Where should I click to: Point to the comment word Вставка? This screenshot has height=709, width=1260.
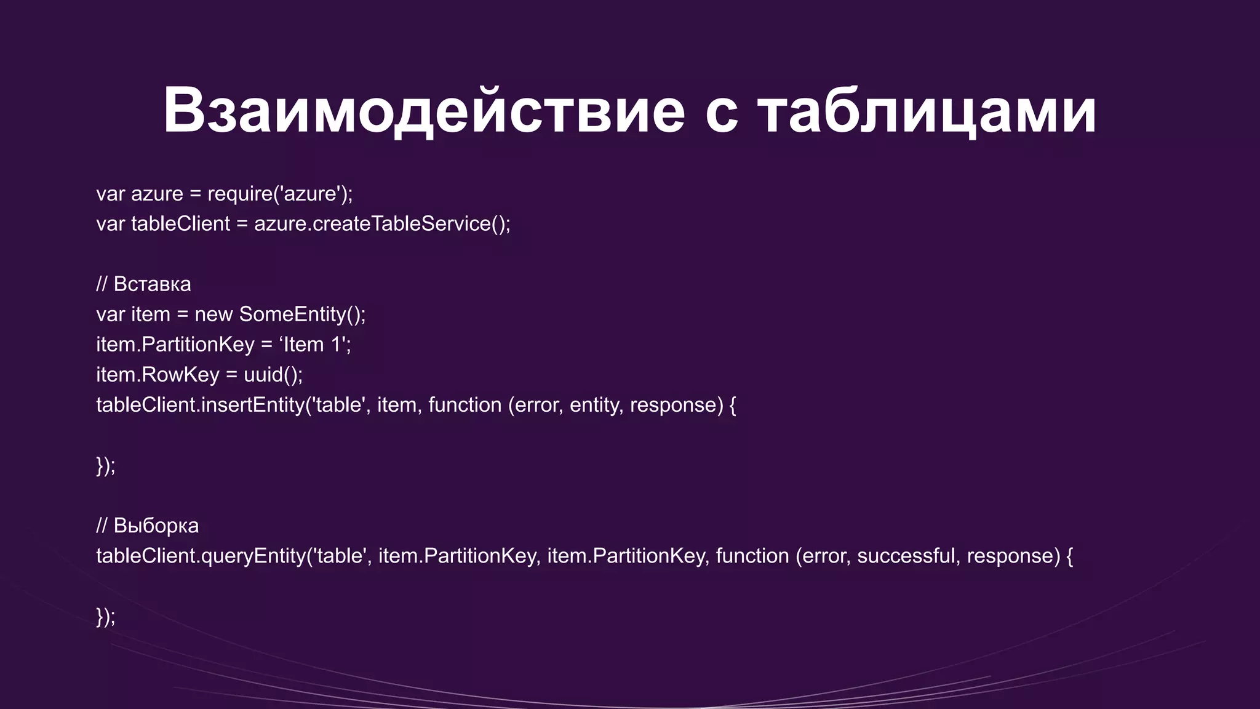[152, 284]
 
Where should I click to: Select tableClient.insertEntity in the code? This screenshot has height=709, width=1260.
[200, 405]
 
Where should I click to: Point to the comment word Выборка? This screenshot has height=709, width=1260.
[156, 526]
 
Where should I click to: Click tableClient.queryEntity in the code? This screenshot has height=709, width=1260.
[200, 556]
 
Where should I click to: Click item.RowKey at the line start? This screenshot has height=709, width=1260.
[157, 375]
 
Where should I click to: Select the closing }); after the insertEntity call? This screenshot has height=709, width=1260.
[105, 465]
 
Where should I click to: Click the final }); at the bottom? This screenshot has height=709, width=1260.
[105, 616]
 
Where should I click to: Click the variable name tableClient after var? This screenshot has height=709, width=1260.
[180, 224]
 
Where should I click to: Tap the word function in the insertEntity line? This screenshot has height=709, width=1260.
[465, 405]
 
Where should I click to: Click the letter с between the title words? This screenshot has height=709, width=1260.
[721, 114]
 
